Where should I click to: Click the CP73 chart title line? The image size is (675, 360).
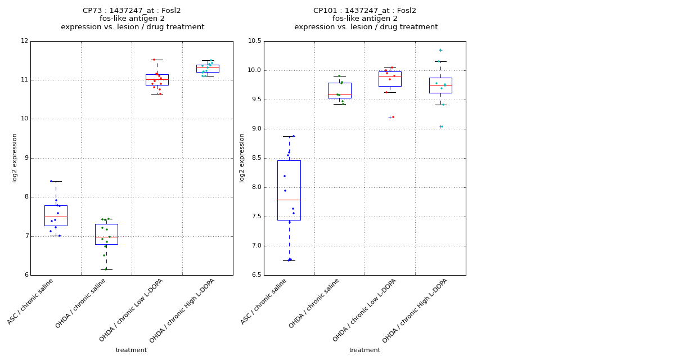click(132, 11)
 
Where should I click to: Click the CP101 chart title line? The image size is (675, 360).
click(364, 11)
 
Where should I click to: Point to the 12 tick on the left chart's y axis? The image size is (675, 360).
click(24, 41)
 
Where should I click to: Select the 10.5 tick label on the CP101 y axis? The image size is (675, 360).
click(254, 41)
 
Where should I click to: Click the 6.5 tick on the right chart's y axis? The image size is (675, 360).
click(256, 275)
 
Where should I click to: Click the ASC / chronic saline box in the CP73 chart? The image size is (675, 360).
click(56, 215)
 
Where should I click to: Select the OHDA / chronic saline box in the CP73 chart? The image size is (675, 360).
click(106, 234)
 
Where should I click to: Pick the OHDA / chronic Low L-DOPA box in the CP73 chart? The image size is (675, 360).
click(157, 80)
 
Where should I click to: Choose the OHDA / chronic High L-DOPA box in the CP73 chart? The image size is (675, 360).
click(208, 69)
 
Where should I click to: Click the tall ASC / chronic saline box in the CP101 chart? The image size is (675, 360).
click(289, 190)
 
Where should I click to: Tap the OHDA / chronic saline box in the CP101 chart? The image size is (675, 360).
click(339, 91)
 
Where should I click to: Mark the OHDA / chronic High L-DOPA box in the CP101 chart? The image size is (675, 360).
click(440, 85)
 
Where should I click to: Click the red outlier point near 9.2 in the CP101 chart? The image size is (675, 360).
click(393, 117)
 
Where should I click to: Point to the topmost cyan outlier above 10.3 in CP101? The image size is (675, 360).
click(440, 50)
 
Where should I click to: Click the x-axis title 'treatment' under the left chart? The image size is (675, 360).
click(131, 350)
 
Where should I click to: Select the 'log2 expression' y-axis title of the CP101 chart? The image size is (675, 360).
click(242, 158)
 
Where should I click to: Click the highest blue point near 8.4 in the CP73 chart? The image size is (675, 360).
click(51, 181)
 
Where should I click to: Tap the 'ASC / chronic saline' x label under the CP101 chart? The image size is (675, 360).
click(264, 301)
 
